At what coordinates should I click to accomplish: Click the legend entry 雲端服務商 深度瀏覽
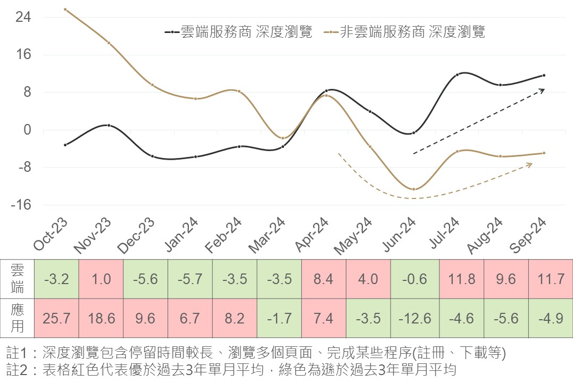pyautogui.click(x=238, y=32)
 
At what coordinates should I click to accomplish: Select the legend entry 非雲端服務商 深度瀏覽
pyautogui.click(x=407, y=32)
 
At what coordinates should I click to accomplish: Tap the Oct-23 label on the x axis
pyautogui.click(x=51, y=234)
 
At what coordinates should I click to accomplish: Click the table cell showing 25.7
pyautogui.click(x=56, y=318)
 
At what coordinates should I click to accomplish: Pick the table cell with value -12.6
pyautogui.click(x=413, y=318)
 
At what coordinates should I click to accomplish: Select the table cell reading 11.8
pyautogui.click(x=458, y=279)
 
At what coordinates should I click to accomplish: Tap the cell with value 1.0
pyautogui.click(x=101, y=279)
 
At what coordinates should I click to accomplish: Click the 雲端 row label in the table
pyautogui.click(x=17, y=279)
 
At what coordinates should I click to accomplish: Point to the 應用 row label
pyautogui.click(x=17, y=318)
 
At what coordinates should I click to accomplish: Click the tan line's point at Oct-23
pyautogui.click(x=65, y=9)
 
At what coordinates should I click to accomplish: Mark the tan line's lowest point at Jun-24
pyautogui.click(x=413, y=189)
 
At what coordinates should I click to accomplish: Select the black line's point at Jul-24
pyautogui.click(x=457, y=74)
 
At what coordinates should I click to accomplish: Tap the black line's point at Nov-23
pyautogui.click(x=109, y=126)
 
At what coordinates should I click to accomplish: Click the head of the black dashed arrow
pyautogui.click(x=544, y=89)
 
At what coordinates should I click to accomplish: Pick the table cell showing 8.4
pyautogui.click(x=323, y=279)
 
